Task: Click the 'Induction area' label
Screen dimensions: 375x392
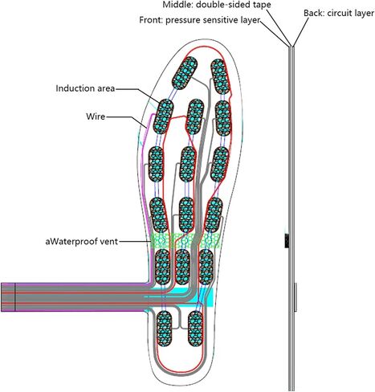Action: (85, 88)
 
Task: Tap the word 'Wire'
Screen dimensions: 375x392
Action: (96, 116)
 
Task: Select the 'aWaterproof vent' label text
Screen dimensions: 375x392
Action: (82, 241)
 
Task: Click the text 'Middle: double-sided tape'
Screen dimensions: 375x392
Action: (217, 5)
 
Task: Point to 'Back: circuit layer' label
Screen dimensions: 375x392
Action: (339, 13)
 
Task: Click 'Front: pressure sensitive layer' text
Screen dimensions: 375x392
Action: (200, 20)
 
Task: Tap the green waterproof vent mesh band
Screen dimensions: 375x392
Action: (185, 240)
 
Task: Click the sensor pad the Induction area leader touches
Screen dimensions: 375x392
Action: (163, 116)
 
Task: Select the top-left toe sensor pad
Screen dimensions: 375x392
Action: (185, 72)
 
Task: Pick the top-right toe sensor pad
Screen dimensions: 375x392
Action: (220, 76)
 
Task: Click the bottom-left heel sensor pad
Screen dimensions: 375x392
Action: (164, 329)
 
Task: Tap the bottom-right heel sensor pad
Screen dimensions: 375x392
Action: (195, 329)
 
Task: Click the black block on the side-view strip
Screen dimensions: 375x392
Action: (287, 241)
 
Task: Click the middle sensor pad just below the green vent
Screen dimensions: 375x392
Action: (183, 267)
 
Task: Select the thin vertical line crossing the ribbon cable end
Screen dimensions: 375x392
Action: (15, 297)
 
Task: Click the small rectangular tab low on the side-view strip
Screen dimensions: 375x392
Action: (296, 297)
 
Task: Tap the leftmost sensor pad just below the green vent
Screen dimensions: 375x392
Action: (162, 267)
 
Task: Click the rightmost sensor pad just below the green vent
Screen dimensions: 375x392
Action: (206, 267)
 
